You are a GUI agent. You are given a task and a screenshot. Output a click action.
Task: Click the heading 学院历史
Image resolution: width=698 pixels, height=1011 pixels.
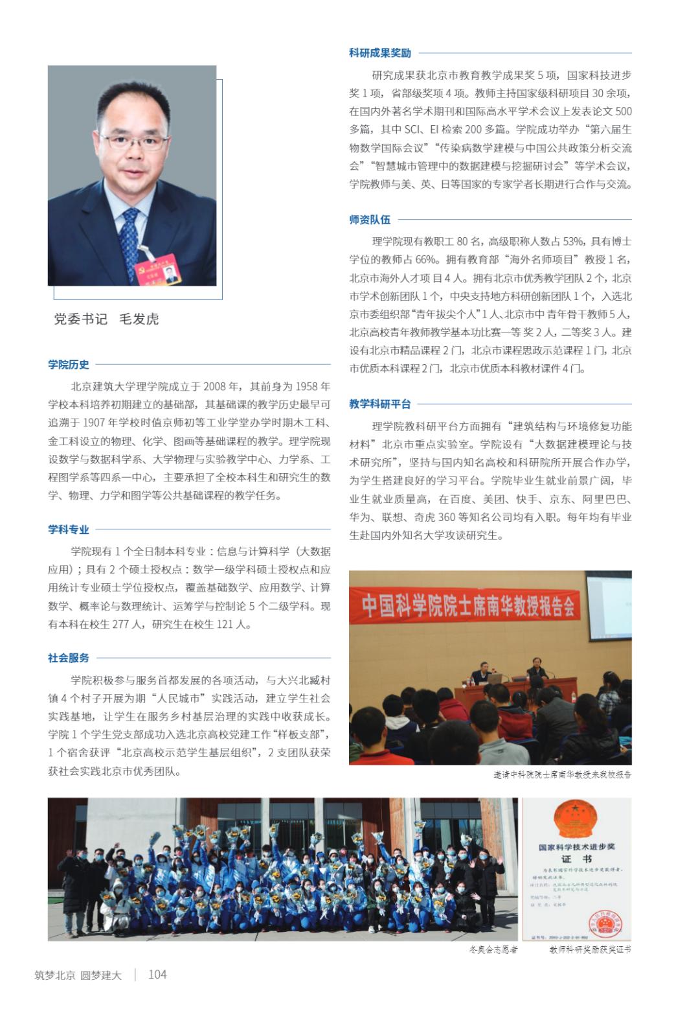coord(69,365)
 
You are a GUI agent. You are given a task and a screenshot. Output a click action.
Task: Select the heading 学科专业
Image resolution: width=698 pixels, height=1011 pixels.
coord(69,529)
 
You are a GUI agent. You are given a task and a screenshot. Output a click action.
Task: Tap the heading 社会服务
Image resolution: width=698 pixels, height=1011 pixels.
coord(69,658)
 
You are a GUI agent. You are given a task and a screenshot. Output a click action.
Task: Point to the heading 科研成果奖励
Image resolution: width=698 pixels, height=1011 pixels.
coord(380,53)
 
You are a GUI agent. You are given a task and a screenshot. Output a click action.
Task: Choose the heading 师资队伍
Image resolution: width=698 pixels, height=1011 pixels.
coord(370,220)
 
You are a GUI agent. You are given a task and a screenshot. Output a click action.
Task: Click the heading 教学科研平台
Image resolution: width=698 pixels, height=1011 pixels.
coord(380,404)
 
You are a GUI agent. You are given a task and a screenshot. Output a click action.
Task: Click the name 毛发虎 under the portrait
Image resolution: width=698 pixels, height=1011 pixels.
coord(139,319)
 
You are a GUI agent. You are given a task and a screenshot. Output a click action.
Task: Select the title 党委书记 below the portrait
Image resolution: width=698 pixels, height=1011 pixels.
coord(80,319)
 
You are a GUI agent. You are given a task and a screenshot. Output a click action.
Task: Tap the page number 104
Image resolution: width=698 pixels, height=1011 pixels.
coord(157,974)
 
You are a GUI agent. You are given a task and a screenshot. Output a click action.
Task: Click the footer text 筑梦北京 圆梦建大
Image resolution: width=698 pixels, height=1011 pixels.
coord(78,975)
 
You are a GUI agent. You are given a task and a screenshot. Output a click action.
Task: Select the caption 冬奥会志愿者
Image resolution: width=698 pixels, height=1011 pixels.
coord(493,949)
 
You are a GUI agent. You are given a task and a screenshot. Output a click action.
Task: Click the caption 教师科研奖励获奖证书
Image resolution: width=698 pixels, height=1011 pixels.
coord(590,949)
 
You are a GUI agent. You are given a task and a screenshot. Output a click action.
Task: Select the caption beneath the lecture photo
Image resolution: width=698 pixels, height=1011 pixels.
coord(562,774)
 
